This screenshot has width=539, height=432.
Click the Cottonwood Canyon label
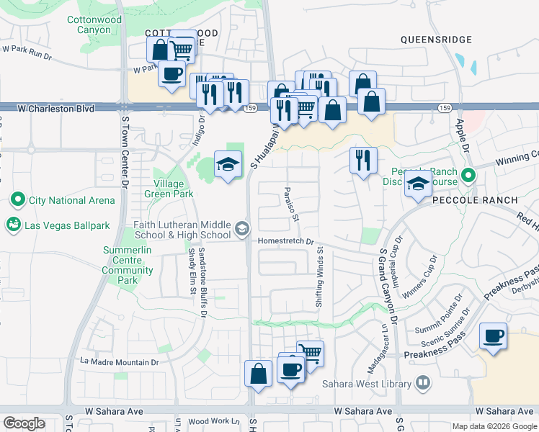[x=94, y=25]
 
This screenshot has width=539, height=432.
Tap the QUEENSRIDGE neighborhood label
[x=436, y=40]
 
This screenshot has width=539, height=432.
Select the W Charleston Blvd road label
[x=56, y=109]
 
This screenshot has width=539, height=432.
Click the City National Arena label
[x=71, y=199]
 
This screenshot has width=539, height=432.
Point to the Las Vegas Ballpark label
[x=67, y=225]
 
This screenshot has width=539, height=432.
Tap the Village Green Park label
[x=173, y=189]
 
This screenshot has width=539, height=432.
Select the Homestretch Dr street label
[x=288, y=242]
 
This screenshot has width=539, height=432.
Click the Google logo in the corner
[x=24, y=423]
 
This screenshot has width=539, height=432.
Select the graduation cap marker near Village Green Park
[x=228, y=166]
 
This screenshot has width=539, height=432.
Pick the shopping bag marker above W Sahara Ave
[x=258, y=374]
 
